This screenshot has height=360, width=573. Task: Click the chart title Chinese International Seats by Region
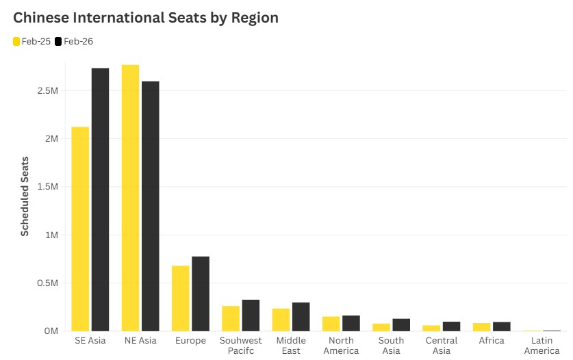(x=146, y=18)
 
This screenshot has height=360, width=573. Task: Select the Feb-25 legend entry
(x=31, y=42)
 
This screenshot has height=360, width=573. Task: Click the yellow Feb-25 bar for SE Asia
(x=80, y=229)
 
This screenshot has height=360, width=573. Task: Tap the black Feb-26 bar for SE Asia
(x=100, y=199)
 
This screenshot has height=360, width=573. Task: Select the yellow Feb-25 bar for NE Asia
(x=130, y=198)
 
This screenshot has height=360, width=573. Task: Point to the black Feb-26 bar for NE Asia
(x=151, y=206)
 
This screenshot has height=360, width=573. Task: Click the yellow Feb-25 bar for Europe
(x=181, y=298)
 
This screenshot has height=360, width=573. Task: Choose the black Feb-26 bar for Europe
(x=201, y=294)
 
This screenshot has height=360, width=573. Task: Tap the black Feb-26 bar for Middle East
(x=301, y=317)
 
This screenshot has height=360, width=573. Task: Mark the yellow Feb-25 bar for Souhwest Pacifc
(x=231, y=318)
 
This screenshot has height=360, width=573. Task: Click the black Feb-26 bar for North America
(x=351, y=323)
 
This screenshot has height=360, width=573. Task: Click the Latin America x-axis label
(x=542, y=346)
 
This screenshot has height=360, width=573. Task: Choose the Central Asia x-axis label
(x=442, y=346)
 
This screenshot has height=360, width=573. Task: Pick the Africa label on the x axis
(x=492, y=341)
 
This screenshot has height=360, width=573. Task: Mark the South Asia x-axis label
(x=391, y=346)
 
